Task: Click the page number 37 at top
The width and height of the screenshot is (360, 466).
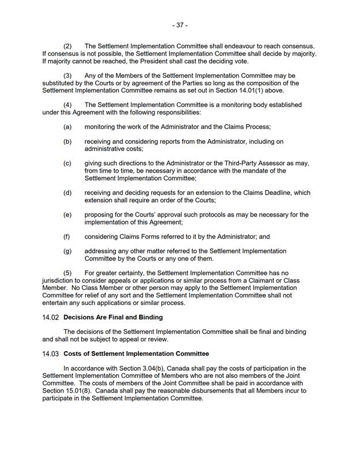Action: pyautogui.click(x=180, y=25)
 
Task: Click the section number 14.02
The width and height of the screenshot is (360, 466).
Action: pyautogui.click(x=51, y=317)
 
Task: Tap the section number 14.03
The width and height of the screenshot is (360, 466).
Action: pyautogui.click(x=51, y=353)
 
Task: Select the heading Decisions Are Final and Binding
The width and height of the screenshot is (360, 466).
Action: pyautogui.click(x=113, y=317)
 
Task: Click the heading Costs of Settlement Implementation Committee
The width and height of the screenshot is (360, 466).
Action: pyautogui.click(x=136, y=353)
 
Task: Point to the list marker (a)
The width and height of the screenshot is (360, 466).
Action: pyautogui.click(x=67, y=126)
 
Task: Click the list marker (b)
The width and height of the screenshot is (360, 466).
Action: pyautogui.click(x=67, y=141)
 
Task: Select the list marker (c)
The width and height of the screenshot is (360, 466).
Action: pyautogui.click(x=67, y=163)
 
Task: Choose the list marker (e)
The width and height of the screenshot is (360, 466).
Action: pyautogui.click(x=67, y=215)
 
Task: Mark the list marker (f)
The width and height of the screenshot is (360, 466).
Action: pyautogui.click(x=67, y=237)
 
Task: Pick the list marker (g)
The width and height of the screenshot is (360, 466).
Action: pyautogui.click(x=67, y=251)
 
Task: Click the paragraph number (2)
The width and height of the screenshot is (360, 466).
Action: pyautogui.click(x=67, y=46)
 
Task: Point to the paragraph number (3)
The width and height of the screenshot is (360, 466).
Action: pyautogui.click(x=67, y=75)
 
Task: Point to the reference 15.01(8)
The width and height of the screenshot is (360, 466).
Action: pyautogui.click(x=70, y=391)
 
